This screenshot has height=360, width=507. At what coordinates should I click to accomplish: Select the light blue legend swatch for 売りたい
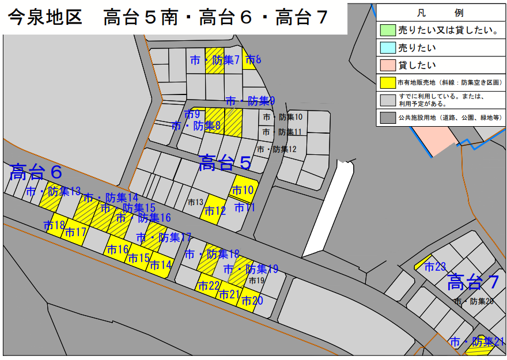387,48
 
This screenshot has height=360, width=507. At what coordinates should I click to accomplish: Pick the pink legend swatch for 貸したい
387,65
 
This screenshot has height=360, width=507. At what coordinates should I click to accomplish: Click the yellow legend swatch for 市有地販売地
387,83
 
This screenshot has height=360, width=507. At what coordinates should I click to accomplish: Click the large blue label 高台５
225,164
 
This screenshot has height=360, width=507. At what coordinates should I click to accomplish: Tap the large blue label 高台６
36,172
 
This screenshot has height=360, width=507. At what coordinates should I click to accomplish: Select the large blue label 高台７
473,283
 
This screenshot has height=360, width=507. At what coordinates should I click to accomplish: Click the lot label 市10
243,191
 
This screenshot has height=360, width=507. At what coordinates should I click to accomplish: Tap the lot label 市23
436,267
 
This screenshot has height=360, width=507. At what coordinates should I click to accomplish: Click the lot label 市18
55,225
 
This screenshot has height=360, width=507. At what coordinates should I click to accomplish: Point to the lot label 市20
252,301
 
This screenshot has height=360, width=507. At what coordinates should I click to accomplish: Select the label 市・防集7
214,60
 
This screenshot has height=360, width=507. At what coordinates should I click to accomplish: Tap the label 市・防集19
251,269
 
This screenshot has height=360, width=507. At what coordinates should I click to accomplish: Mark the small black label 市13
196,202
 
